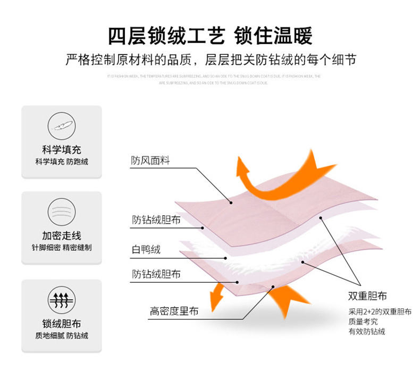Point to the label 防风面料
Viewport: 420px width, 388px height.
[x=150, y=161]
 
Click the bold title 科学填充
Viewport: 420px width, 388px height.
[x=62, y=150]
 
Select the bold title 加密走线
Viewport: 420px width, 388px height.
[x=62, y=236]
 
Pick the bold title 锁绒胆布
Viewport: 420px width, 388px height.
[x=62, y=324]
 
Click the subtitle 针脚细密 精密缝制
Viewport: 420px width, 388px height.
[x=62, y=248]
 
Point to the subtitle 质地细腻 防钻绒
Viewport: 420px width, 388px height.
[x=62, y=336]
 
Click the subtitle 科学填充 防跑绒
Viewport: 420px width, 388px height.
[x=62, y=162]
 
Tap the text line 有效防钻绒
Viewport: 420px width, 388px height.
[x=367, y=332]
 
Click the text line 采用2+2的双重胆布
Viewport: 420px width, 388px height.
[x=380, y=311]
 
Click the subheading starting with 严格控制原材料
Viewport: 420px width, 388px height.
[x=210, y=60]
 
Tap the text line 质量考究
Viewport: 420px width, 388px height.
[x=363, y=322]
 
